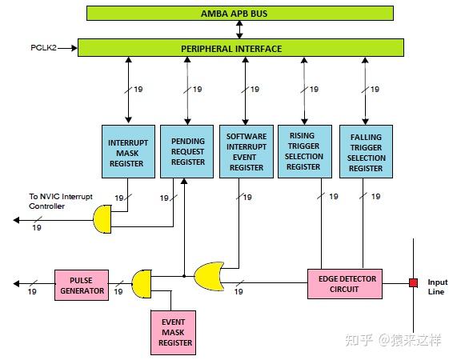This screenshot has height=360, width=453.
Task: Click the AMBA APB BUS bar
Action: coord(240,14)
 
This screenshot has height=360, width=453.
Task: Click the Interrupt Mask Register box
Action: coord(126,151)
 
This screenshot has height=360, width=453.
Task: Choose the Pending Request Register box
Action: coord(187,151)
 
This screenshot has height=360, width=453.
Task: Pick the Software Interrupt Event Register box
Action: coord(246,151)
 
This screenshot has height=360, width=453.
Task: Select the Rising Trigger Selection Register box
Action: coord(304,151)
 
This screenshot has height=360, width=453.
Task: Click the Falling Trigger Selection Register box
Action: coord(366,151)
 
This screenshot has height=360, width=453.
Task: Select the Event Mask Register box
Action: coord(175,332)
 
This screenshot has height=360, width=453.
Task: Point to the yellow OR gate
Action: coord(209,277)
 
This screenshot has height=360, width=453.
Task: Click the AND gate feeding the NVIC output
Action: coord(102,218)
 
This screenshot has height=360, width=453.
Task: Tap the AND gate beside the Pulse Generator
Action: coord(140,283)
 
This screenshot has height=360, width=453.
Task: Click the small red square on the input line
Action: coord(413,282)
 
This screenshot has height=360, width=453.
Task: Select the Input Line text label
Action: coord(438,287)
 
